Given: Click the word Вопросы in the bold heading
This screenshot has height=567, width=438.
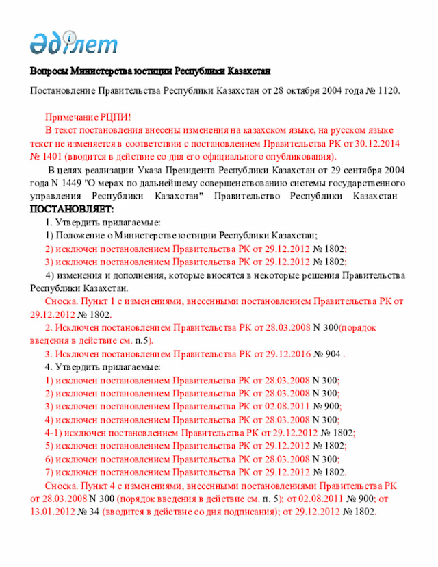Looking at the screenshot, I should coord(49,72).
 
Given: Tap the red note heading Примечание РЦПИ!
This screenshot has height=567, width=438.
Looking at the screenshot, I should coord(88,118).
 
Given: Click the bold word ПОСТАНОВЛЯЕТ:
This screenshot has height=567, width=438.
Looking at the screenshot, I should coord(72,209).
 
